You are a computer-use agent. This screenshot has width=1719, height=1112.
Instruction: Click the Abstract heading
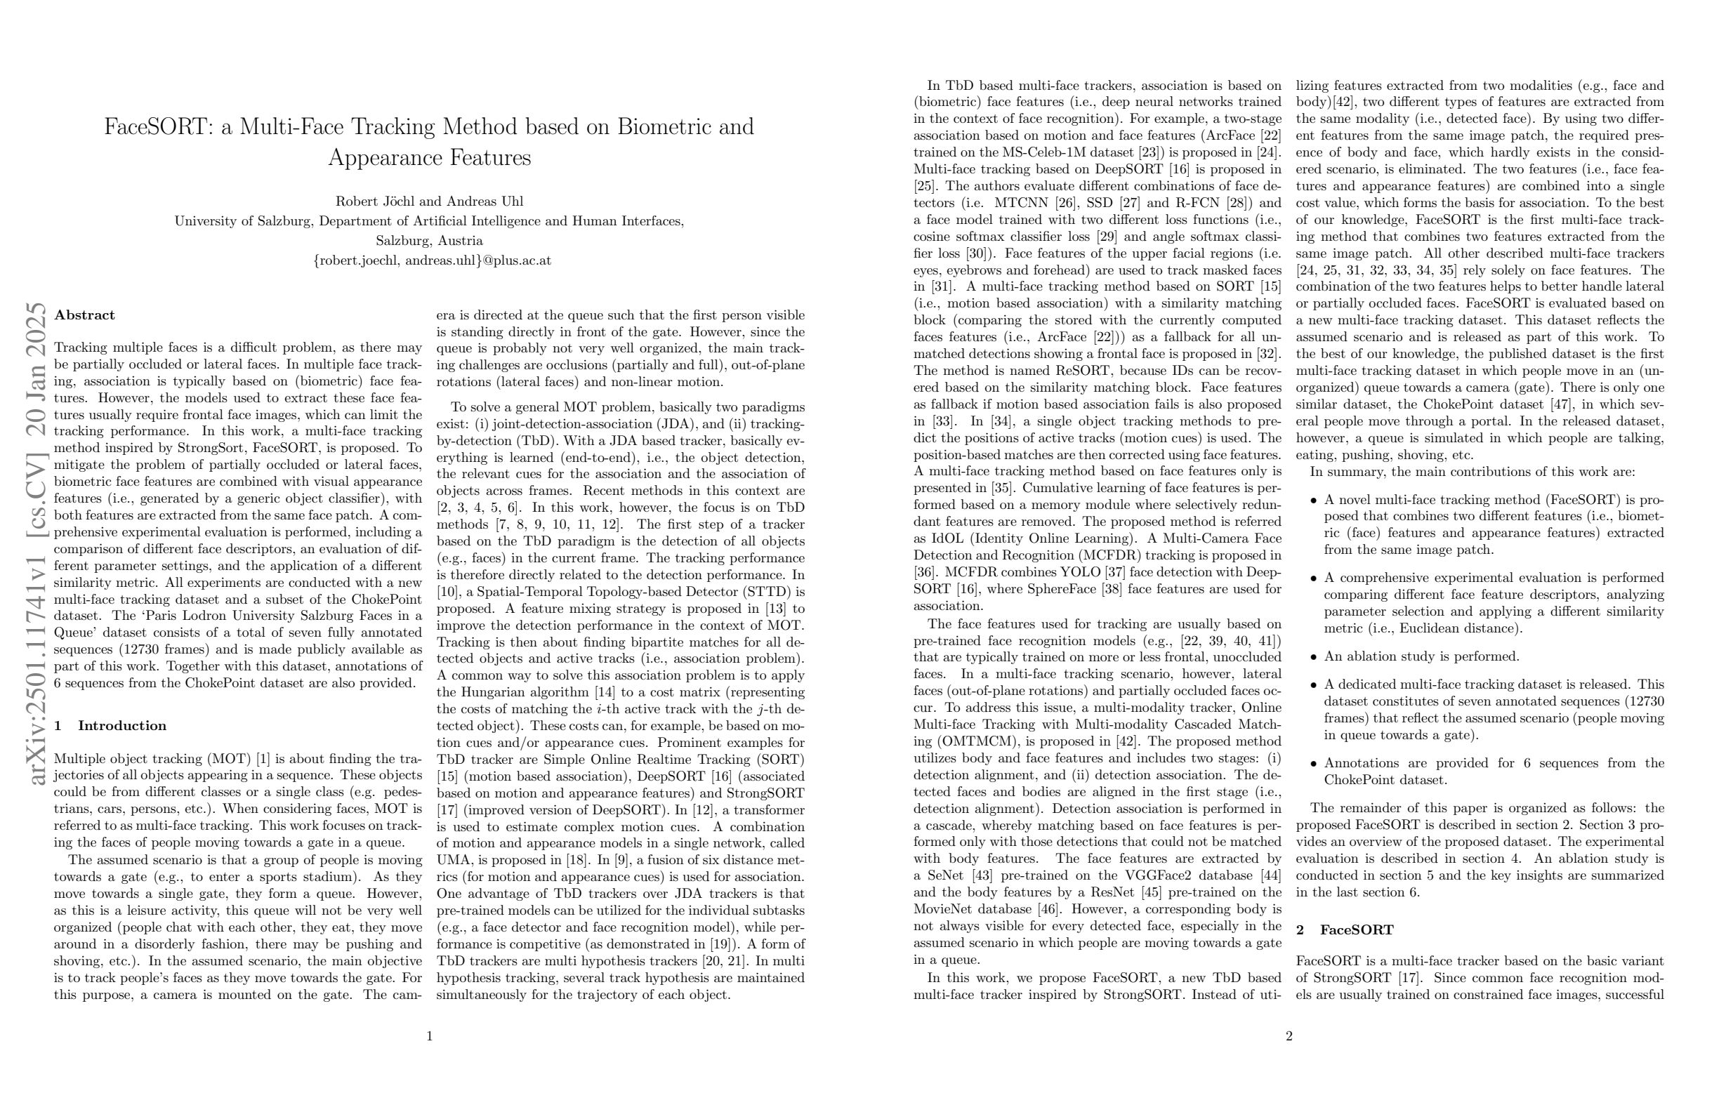point(84,315)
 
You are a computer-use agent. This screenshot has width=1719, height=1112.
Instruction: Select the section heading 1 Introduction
point(110,726)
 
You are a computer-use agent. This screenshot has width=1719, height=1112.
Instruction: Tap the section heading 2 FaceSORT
point(1345,930)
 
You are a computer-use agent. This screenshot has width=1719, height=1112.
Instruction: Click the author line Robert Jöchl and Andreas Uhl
point(429,201)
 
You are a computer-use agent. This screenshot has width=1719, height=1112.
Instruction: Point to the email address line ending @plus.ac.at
point(432,260)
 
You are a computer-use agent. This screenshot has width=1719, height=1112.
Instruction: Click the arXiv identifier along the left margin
point(36,541)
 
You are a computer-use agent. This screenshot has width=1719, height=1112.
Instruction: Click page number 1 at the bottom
point(429,1036)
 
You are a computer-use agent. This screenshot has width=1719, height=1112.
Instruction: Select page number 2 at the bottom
point(1289,1036)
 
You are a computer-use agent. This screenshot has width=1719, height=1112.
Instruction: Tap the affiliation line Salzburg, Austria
point(429,241)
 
